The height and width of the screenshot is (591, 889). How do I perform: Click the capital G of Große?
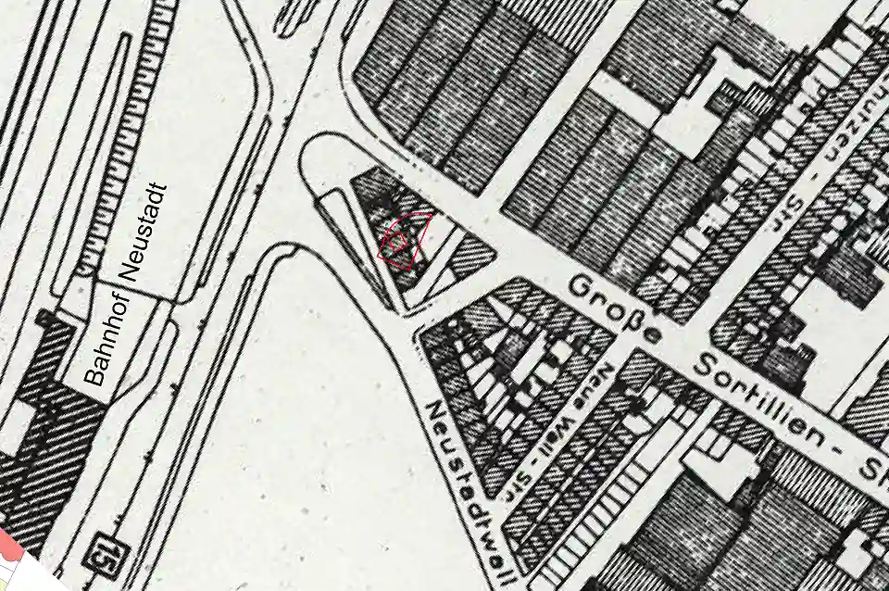pyautogui.click(x=581, y=287)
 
